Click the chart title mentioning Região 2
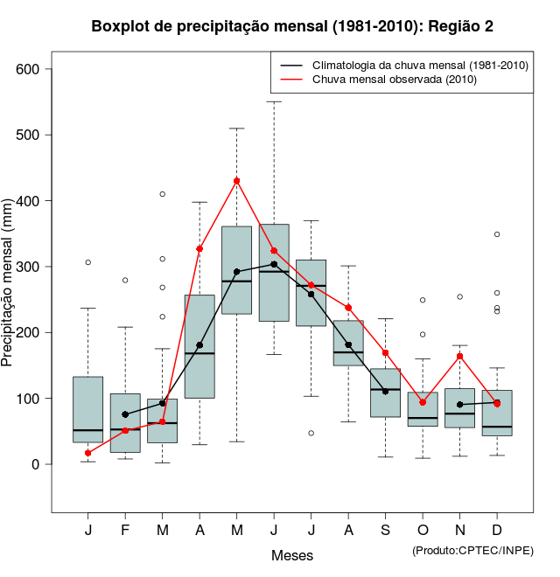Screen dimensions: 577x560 (292, 26)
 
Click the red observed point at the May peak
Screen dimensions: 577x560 (236, 181)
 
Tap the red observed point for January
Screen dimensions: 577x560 (87, 453)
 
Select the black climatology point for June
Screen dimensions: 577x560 (274, 264)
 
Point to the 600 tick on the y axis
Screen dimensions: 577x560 (35, 69)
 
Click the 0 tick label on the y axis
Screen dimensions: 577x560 (36, 464)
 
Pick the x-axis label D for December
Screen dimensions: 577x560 (497, 531)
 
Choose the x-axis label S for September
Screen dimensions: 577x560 (386, 531)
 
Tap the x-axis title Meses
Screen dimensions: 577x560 (292, 555)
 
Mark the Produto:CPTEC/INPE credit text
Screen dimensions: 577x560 (472, 550)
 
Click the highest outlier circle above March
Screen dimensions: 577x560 (162, 194)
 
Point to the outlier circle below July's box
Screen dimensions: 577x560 (311, 433)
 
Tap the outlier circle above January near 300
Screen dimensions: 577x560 (87, 262)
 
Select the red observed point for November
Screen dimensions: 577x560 (460, 356)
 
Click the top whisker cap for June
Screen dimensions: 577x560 (274, 101)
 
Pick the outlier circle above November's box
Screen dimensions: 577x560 (460, 296)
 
